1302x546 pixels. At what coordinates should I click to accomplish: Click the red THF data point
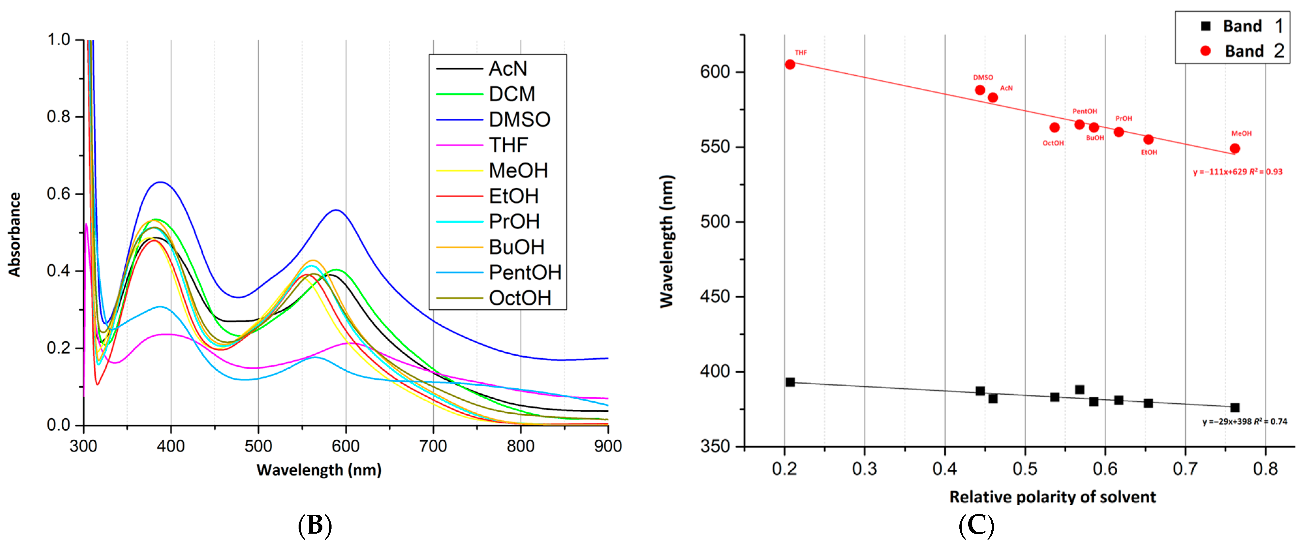(x=790, y=64)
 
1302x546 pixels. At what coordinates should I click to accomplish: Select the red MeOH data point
(x=1235, y=149)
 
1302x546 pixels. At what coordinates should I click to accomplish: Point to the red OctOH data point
(x=1054, y=127)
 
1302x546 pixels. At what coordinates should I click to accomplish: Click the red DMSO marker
(x=980, y=90)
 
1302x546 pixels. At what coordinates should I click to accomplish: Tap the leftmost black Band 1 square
(x=790, y=382)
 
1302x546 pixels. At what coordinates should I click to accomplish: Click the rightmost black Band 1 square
(x=1235, y=407)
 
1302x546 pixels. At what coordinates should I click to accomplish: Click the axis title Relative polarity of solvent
(x=1052, y=497)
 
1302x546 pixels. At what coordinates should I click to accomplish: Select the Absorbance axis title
(x=15, y=234)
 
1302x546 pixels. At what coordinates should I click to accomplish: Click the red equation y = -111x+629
(x=1237, y=172)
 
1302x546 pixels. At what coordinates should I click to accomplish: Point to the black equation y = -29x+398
(x=1244, y=421)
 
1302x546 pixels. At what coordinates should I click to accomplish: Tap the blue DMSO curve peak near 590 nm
(x=337, y=210)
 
